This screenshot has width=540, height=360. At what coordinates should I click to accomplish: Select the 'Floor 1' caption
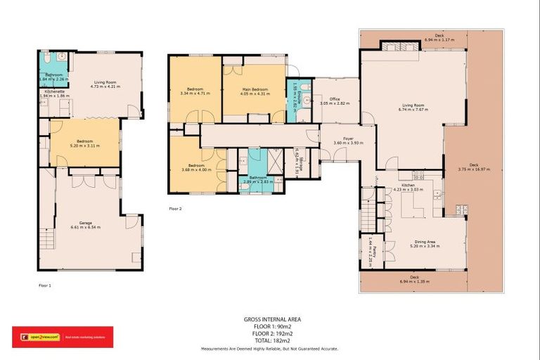pos(45,285)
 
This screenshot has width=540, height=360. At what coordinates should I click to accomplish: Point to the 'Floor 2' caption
pos(176,209)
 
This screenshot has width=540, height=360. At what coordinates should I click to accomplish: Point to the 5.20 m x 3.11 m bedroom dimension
pos(84,146)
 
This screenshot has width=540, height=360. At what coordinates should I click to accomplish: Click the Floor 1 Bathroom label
pos(55,75)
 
